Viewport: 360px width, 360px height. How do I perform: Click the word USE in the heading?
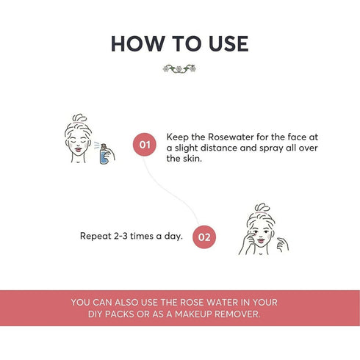point(226,43)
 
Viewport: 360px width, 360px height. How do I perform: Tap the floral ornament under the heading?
point(179,68)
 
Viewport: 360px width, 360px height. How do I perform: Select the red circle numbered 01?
point(145,145)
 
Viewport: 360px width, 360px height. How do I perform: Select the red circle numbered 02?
point(205,237)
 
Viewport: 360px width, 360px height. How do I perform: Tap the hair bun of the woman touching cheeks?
point(262,209)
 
